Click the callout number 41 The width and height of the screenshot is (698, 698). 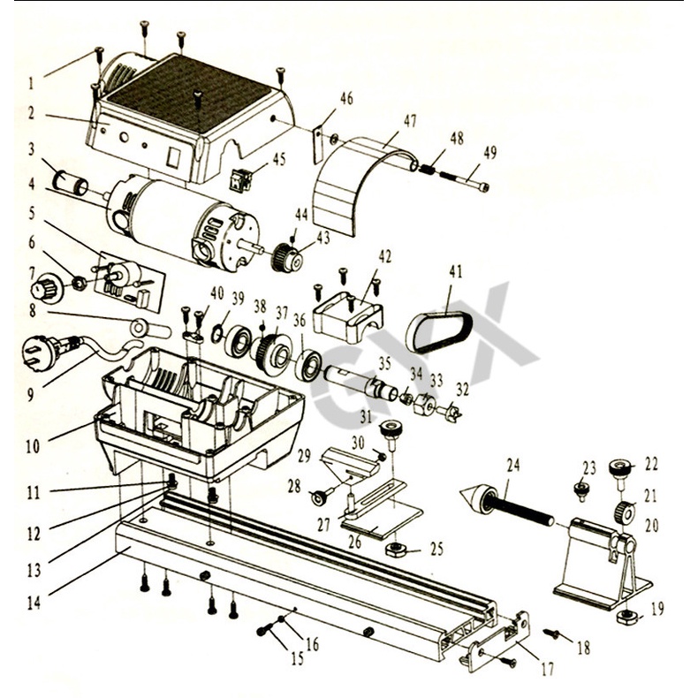[x=455, y=270]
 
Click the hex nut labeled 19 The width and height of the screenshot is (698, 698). [x=626, y=614]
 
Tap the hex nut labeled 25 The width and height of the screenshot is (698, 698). [x=395, y=550]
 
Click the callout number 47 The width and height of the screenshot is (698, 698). [x=410, y=121]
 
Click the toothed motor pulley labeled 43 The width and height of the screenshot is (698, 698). [x=288, y=255]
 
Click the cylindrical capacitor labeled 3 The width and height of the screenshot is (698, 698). [x=70, y=183]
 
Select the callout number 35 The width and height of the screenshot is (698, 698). [x=383, y=363]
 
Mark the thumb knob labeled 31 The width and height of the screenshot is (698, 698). [x=389, y=432]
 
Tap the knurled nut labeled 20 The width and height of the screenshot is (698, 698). [x=624, y=511]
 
